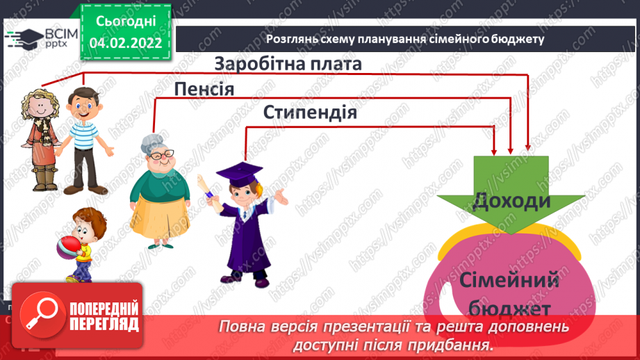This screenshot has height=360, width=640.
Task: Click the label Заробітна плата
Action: click(x=288, y=64)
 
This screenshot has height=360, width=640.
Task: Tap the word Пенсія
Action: click(x=204, y=89)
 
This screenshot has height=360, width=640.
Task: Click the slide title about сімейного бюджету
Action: click(x=405, y=39)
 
